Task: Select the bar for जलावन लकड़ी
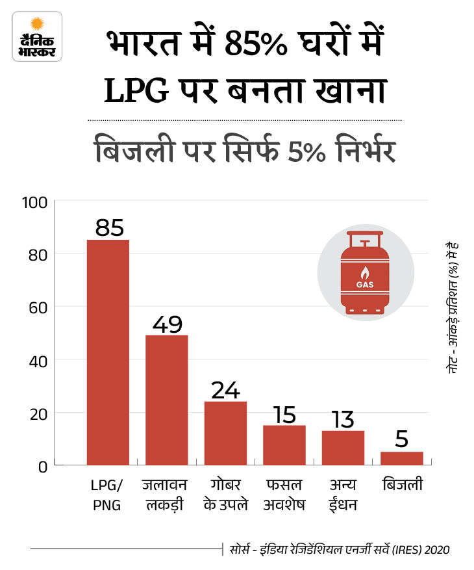(166, 400)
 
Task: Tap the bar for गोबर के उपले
(225, 433)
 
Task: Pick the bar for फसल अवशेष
(284, 445)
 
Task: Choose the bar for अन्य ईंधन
(343, 447)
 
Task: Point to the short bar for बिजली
(401, 458)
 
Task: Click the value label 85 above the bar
(108, 227)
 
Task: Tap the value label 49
(167, 323)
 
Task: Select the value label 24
(225, 390)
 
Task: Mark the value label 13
(343, 419)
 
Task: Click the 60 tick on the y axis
(38, 307)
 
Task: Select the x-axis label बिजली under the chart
(401, 485)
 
